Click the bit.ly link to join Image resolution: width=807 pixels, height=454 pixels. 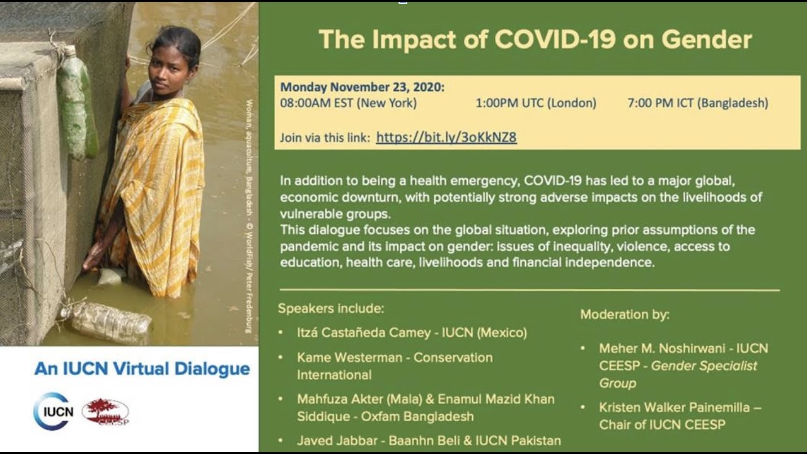pos(446,137)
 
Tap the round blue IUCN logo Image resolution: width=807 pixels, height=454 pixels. pos(54,411)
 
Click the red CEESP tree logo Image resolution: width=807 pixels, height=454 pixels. pos(105,412)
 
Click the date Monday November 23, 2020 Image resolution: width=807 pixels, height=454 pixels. pos(362,87)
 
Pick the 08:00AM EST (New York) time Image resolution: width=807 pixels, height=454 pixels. pos(348,103)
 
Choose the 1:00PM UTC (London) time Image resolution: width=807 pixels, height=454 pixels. pos(536,103)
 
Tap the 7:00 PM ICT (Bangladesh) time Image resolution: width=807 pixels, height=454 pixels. pos(698,103)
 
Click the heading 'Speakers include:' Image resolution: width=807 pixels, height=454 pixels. pos(331,309)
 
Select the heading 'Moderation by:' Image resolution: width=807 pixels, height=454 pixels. pos(625,314)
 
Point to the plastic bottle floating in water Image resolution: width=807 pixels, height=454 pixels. pos(107,322)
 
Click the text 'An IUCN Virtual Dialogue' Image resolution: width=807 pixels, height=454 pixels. pos(142,369)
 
